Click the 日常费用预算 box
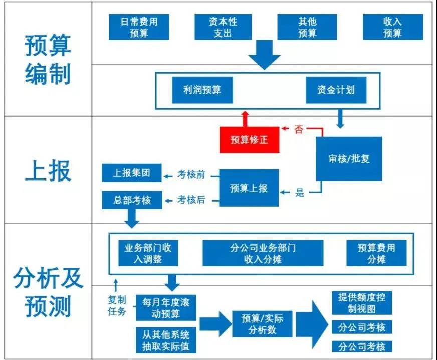pyautogui.click(x=139, y=27)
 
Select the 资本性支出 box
pyautogui.click(x=223, y=27)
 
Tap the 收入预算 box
pyautogui.click(x=392, y=27)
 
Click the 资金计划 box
pyautogui.click(x=335, y=90)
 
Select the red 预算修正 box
pyautogui.click(x=249, y=140)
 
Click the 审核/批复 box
pyautogui.click(x=349, y=159)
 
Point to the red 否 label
pyautogui.click(x=299, y=130)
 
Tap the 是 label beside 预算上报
pyautogui.click(x=300, y=193)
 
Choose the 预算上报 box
pyautogui.click(x=249, y=188)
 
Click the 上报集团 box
pyautogui.click(x=132, y=173)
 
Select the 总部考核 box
pyautogui.click(x=132, y=200)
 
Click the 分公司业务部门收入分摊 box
pyautogui.click(x=263, y=253)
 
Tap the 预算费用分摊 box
pyautogui.click(x=376, y=253)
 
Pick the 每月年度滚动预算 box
pyautogui.click(x=166, y=308)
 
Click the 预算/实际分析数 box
pyautogui.click(x=262, y=324)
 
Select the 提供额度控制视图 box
pyautogui.click(x=361, y=302)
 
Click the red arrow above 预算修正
pyautogui.click(x=245, y=118)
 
